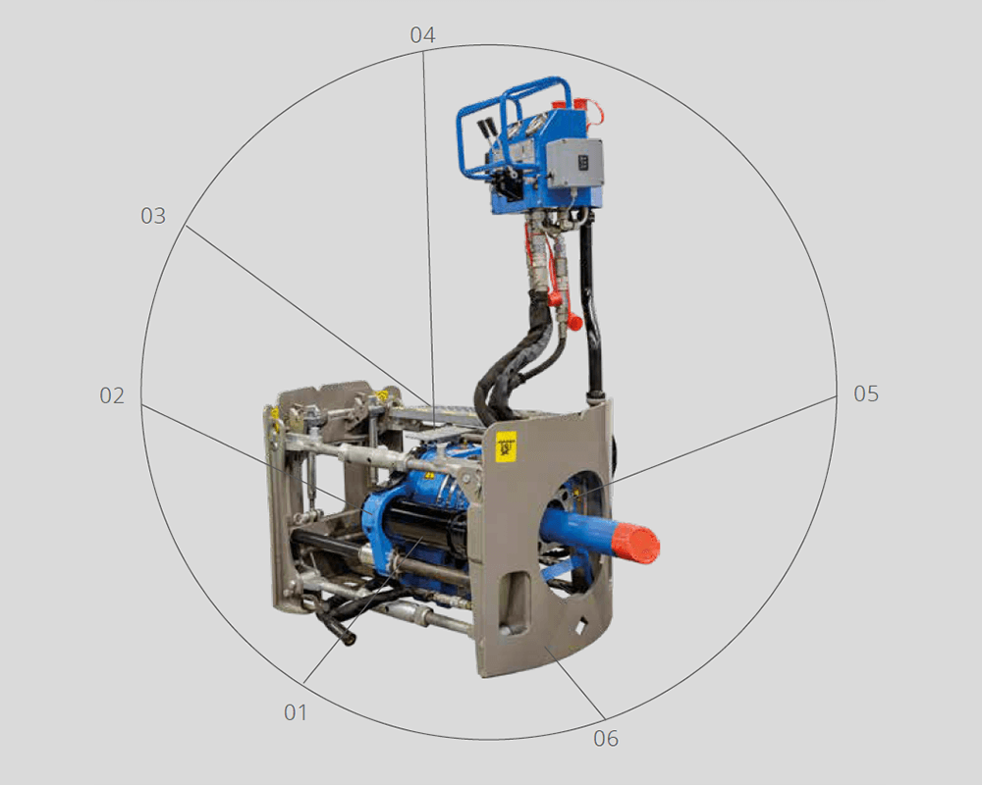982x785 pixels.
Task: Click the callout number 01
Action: [296, 711]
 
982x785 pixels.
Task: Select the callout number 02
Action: [112, 395]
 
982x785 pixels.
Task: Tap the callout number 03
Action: [153, 215]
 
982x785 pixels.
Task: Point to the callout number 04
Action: [422, 34]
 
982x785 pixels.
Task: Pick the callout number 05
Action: [866, 393]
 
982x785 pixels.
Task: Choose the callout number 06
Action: [606, 738]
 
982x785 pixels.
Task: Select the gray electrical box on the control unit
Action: [574, 162]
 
